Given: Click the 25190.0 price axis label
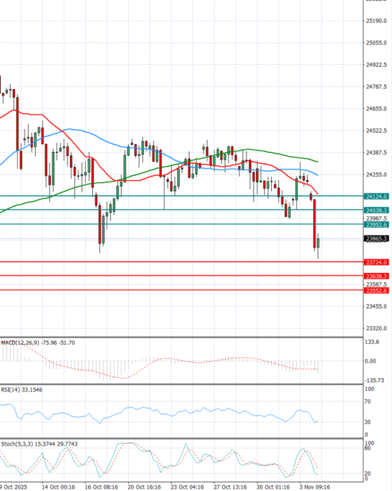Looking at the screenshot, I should [x=376, y=21].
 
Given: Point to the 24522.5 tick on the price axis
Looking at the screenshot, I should [x=376, y=130].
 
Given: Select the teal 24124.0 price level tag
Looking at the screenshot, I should [x=376, y=196].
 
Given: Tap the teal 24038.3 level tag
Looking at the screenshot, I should [x=376, y=209].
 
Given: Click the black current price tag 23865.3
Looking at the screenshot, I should [x=376, y=239].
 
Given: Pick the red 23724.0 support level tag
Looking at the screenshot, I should [x=376, y=262].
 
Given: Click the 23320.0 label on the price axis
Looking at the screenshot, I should [x=376, y=329].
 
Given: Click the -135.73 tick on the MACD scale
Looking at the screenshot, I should [x=373, y=380].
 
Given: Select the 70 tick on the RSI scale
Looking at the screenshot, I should [x=368, y=402].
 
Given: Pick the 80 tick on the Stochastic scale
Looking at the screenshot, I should [x=368, y=448].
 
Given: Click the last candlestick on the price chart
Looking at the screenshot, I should [x=318, y=244].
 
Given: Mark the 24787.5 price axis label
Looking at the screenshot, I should [x=376, y=86].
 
